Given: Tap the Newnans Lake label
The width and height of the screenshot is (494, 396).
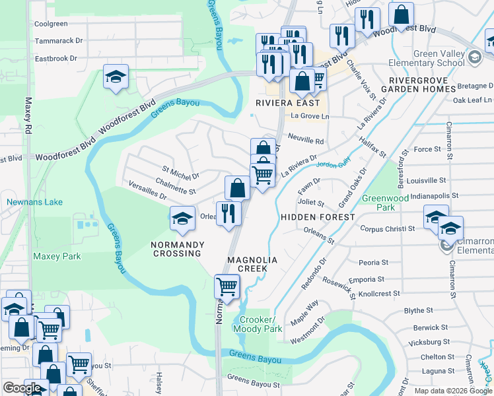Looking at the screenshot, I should tap(34, 202).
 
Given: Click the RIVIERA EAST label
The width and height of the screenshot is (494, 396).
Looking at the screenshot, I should tap(287, 103).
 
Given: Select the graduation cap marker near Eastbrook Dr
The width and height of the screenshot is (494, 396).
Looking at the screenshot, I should tap(116, 78).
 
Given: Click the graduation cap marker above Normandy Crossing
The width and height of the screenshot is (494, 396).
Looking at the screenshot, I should tap(182, 218).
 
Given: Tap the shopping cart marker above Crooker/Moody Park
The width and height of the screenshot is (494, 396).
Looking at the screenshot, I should tap(227, 287).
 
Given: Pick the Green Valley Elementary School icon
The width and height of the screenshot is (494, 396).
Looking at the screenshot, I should tap(474, 58).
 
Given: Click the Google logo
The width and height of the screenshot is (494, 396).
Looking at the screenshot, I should tap(22, 388).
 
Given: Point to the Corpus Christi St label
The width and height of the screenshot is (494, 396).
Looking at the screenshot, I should tap(387, 228).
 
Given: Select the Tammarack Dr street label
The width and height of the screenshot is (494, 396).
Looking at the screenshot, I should tap(59, 40).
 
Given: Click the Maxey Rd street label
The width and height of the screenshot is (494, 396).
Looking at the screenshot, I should tap(28, 115).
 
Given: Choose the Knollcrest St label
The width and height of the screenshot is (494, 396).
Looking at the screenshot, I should tap(378, 293).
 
